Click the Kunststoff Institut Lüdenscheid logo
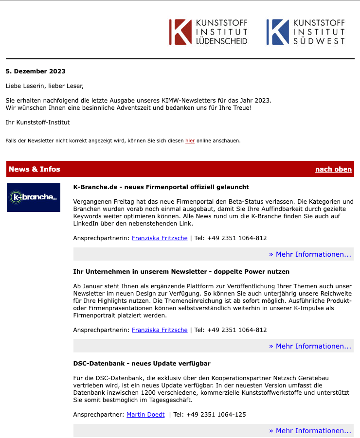point(208,32)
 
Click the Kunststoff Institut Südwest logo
point(306,32)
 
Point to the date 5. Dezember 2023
point(36,71)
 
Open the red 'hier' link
point(190,141)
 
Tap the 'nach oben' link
point(333,169)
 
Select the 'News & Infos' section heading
point(35,169)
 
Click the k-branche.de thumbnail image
point(34,197)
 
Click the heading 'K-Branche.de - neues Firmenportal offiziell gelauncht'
point(161,187)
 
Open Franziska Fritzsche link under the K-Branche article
point(160,238)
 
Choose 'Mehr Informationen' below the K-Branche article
point(310,254)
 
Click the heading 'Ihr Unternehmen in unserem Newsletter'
point(181,271)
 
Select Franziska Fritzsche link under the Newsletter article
point(160,330)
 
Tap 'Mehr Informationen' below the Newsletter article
point(310,346)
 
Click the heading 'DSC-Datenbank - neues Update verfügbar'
point(142,363)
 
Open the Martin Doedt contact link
point(145,415)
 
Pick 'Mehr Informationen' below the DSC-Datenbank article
point(310,431)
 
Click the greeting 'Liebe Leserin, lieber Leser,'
point(45,86)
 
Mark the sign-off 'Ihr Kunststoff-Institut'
point(37,122)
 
